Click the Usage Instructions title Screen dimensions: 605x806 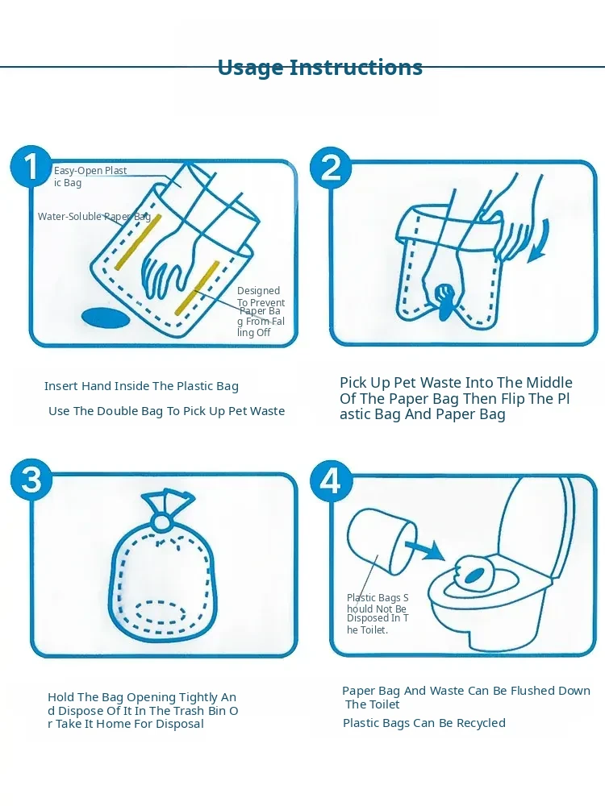[x=320, y=68]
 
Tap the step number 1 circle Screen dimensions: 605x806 [x=31, y=167]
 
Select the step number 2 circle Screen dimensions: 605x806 [x=331, y=168]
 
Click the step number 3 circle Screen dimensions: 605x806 [x=31, y=480]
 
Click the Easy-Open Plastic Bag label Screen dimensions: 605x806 [x=90, y=177]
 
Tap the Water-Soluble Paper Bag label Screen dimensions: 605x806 [x=94, y=216]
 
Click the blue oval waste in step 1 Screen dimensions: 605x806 [x=106, y=318]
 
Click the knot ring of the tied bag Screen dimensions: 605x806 [x=161, y=522]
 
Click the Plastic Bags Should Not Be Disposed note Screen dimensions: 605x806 [x=378, y=613]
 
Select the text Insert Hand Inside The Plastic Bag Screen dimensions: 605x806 [x=141, y=386]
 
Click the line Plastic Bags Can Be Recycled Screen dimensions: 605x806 [x=424, y=723]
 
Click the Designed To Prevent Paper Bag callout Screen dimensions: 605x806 [x=261, y=311]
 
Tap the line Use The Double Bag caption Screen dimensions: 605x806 [x=166, y=411]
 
